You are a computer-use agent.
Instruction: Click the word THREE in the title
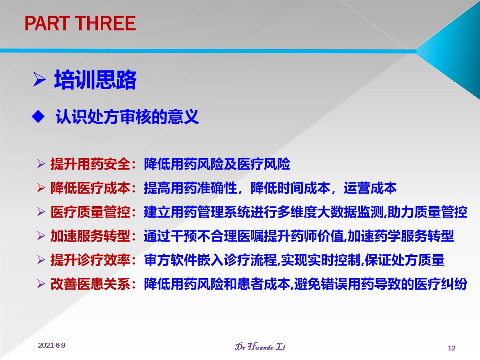pyautogui.click(x=106, y=23)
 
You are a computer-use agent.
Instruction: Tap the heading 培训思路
pyautogui.click(x=95, y=80)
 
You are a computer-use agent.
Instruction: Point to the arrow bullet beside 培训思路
pyautogui.click(x=40, y=80)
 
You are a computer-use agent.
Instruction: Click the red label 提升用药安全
pyautogui.click(x=90, y=164)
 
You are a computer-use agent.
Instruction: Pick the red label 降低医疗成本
pyautogui.click(x=90, y=188)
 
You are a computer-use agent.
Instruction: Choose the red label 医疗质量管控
pyautogui.click(x=90, y=212)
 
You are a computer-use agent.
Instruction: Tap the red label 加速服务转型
pyautogui.click(x=90, y=236)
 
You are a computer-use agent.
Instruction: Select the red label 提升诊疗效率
pyautogui.click(x=90, y=260)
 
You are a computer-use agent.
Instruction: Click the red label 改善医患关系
pyautogui.click(x=90, y=284)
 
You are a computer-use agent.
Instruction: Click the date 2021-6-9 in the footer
pyautogui.click(x=52, y=345)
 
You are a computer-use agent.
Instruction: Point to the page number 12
pyautogui.click(x=452, y=348)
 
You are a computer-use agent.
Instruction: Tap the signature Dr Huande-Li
pyautogui.click(x=260, y=346)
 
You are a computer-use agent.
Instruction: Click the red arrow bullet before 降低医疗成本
pyautogui.click(x=41, y=188)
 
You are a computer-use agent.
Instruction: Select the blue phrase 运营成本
pyautogui.click(x=370, y=188)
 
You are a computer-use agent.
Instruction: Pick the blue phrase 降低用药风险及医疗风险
pyautogui.click(x=217, y=164)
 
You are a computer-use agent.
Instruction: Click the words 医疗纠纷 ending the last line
pyautogui.click(x=441, y=284)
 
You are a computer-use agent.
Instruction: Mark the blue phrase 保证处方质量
pyautogui.click(x=405, y=260)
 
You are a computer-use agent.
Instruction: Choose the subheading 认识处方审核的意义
pyautogui.click(x=127, y=117)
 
